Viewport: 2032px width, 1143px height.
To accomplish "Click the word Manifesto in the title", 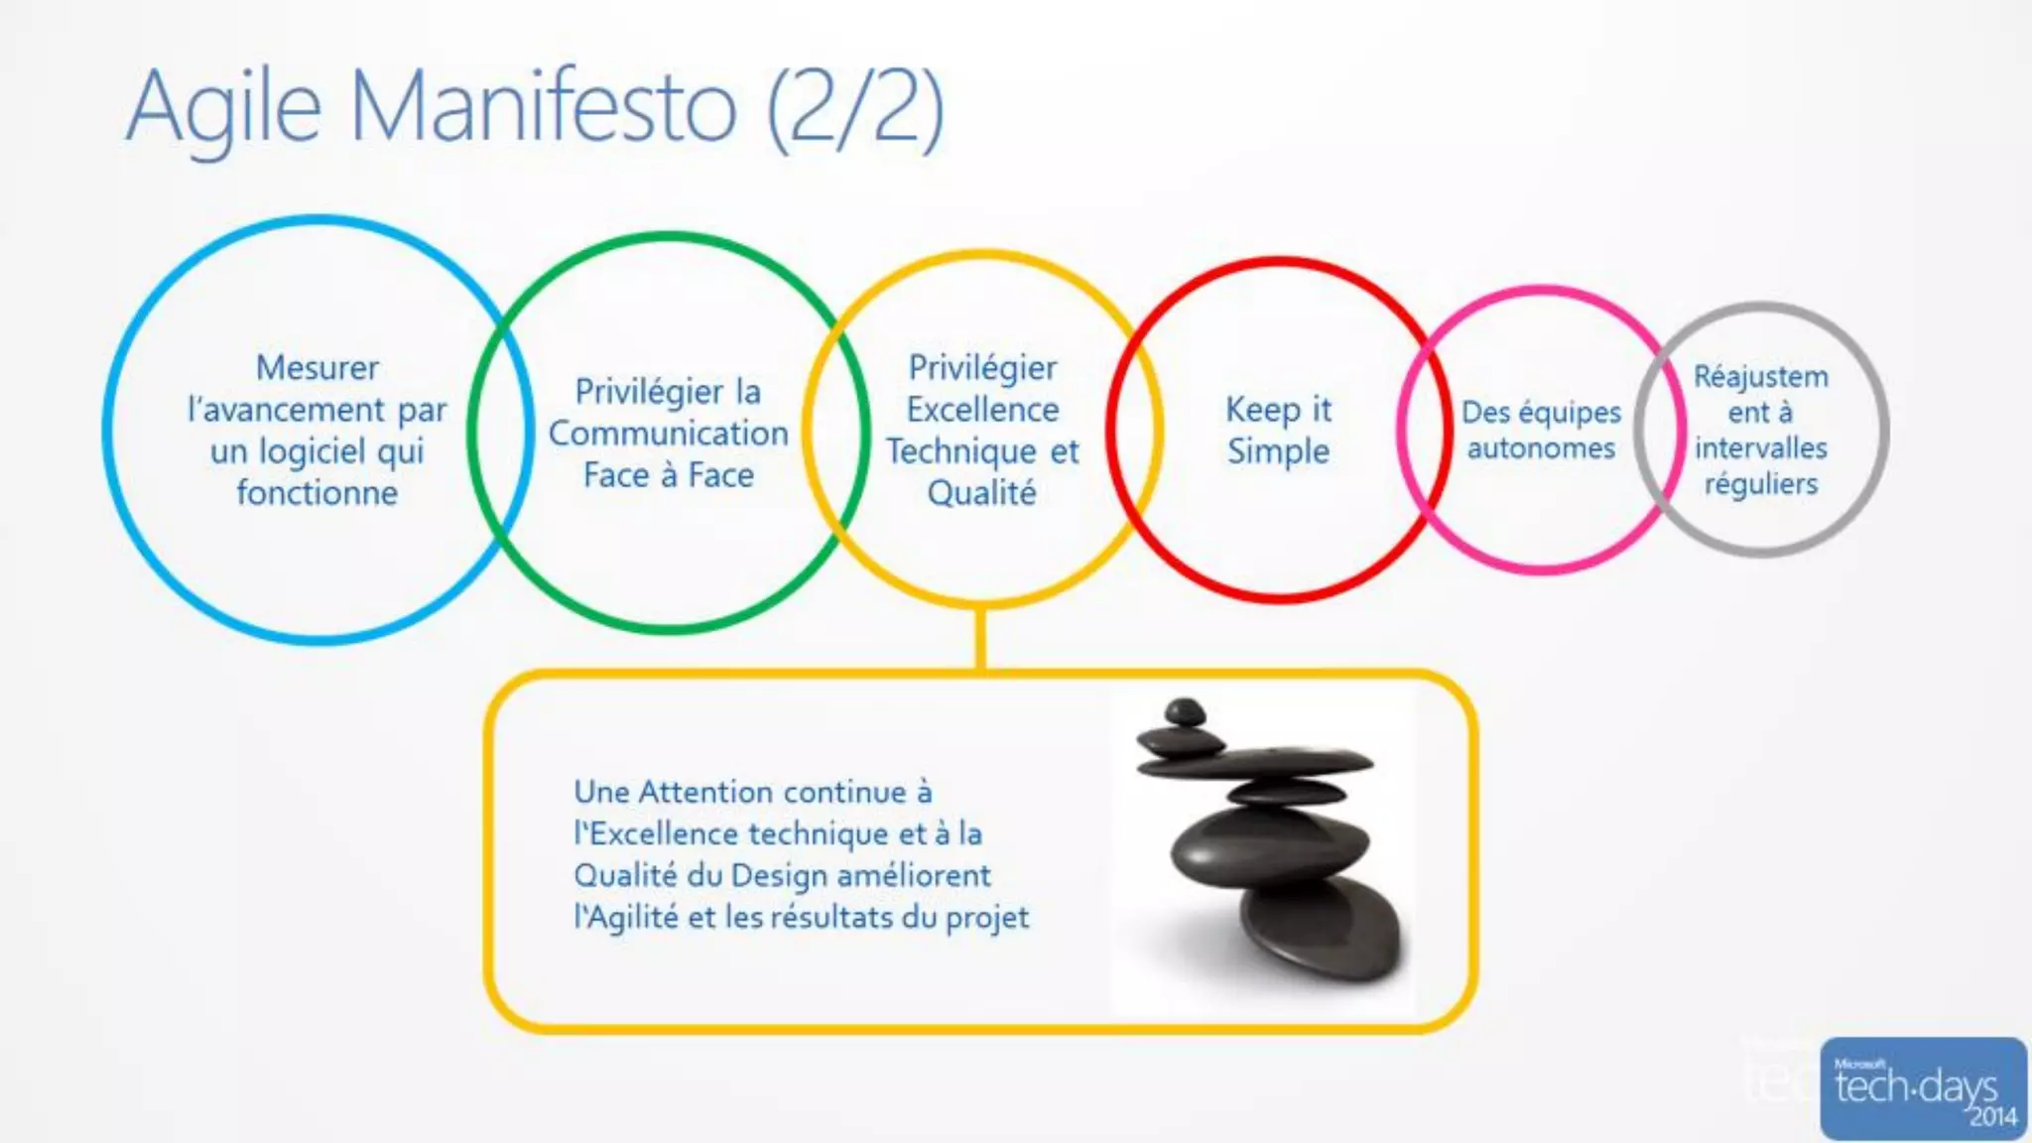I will [544, 107].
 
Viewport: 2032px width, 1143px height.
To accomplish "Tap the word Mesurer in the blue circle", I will [317, 368].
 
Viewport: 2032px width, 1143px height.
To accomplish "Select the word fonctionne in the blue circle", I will [317, 493].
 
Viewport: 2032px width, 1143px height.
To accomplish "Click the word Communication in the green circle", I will [669, 434].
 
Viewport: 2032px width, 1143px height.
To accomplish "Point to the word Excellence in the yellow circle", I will [982, 410].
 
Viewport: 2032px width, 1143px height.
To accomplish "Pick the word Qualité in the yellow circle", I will [982, 493].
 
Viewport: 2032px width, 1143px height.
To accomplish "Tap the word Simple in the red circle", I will [1278, 451].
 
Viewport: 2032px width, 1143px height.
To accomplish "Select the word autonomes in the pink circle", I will [1541, 448].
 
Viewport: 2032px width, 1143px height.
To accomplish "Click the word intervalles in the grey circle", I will [1761, 448].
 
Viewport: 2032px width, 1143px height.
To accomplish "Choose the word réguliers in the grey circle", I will [1761, 484].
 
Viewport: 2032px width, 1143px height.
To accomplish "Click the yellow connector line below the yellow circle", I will [980, 639].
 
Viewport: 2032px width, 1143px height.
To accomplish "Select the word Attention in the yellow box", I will [705, 793].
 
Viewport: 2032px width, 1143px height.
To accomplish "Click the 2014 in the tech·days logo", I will [1992, 1117].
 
